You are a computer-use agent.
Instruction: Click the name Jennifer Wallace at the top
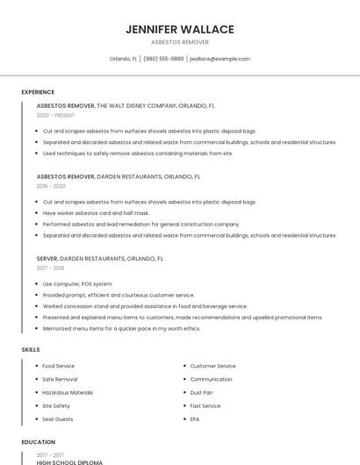pyautogui.click(x=179, y=29)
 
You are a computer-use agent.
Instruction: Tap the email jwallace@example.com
pyautogui.click(x=220, y=59)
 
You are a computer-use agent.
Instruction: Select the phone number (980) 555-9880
pyautogui.click(x=163, y=59)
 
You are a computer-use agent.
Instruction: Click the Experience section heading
pyautogui.click(x=38, y=92)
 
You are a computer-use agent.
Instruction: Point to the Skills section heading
pyautogui.click(x=31, y=349)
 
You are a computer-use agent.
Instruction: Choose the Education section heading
pyautogui.click(x=38, y=442)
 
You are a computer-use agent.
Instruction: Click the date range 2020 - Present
pyautogui.click(x=54, y=115)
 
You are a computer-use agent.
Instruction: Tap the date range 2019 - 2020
pyautogui.click(x=51, y=186)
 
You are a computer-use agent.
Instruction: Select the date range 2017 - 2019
pyautogui.click(x=51, y=268)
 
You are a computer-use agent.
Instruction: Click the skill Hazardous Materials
pyautogui.click(x=67, y=393)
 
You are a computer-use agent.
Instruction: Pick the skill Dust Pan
pyautogui.click(x=201, y=393)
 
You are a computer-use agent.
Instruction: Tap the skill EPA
pyautogui.click(x=195, y=419)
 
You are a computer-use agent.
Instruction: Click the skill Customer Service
pyautogui.click(x=212, y=366)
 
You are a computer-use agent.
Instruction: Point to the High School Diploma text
pyautogui.click(x=69, y=462)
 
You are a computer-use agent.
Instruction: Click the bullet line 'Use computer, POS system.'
pyautogui.click(x=77, y=283)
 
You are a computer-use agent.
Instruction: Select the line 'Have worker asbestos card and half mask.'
pyautogui.click(x=96, y=212)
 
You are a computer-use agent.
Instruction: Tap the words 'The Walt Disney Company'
pyautogui.click(x=137, y=105)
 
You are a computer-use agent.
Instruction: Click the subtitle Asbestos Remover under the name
pyautogui.click(x=179, y=42)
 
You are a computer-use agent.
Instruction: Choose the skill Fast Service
pyautogui.click(x=205, y=406)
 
